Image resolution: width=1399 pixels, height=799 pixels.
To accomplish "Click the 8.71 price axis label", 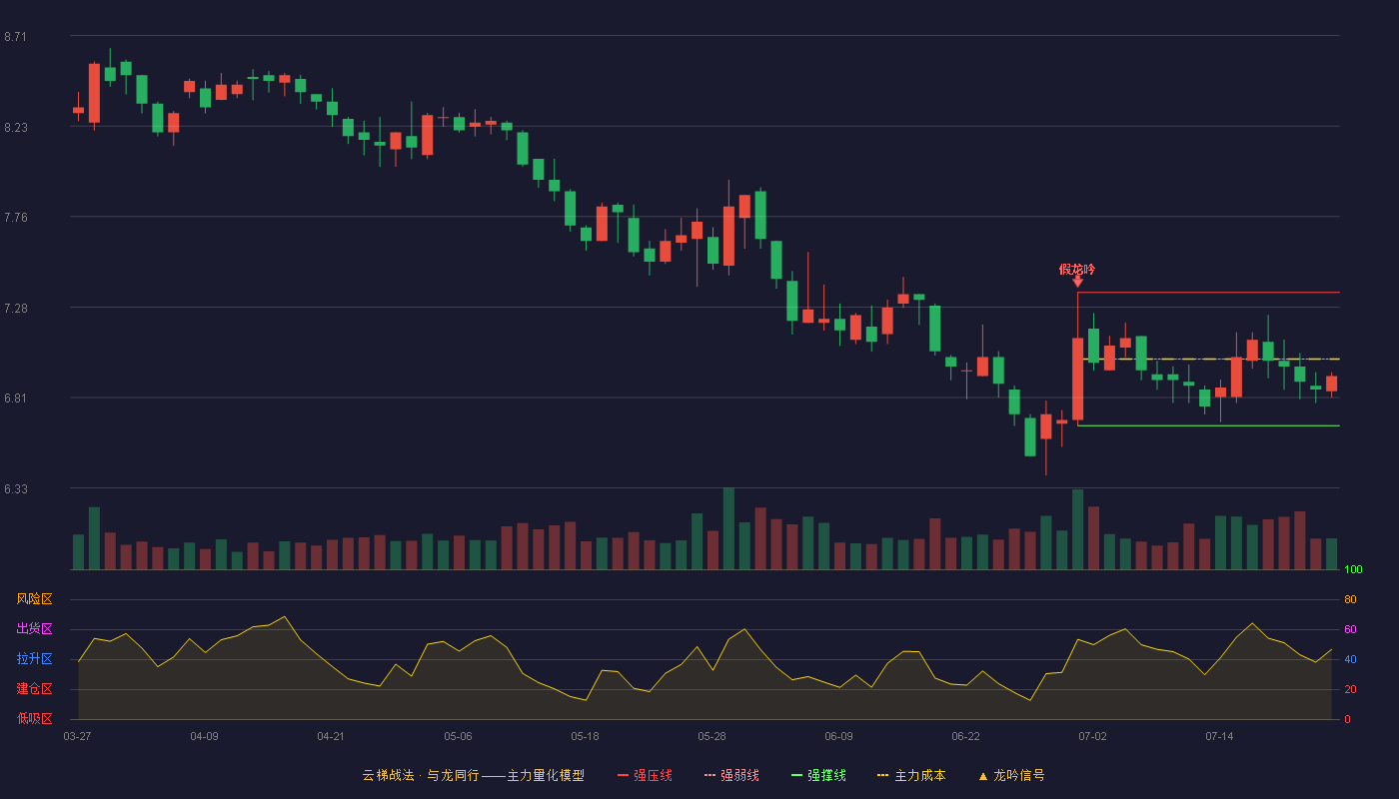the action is [x=16, y=37].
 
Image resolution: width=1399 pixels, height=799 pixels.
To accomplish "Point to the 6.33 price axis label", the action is [x=16, y=488].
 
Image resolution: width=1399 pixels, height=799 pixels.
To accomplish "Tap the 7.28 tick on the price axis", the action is [x=16, y=309].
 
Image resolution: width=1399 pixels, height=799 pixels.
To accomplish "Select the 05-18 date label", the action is [x=585, y=737].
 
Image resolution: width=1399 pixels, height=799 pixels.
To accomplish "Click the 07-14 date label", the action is [x=1219, y=737].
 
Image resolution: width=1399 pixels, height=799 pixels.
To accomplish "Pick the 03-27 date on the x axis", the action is [x=78, y=737].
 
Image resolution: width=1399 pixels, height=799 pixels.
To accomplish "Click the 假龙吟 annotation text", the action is [x=1077, y=269].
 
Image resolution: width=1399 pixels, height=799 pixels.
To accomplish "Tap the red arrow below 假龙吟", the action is [x=1078, y=282].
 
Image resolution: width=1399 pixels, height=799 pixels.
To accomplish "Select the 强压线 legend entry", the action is [x=646, y=775].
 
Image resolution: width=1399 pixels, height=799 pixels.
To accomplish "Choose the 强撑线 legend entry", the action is [x=818, y=775].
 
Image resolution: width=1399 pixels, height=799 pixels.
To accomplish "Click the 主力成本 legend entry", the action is [x=911, y=775].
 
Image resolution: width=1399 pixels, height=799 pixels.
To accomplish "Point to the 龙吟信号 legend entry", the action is [x=1011, y=775].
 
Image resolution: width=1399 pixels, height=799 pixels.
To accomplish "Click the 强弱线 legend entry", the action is [x=731, y=775].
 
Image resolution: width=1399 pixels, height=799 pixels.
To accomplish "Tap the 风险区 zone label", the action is [x=34, y=599].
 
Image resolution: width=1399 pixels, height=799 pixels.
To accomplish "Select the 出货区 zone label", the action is [x=34, y=628].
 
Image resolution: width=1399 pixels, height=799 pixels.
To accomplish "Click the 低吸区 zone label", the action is [x=34, y=718].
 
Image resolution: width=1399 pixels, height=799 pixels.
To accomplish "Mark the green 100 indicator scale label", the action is [x=1353, y=569].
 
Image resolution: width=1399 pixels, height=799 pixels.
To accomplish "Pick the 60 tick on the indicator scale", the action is [x=1350, y=629].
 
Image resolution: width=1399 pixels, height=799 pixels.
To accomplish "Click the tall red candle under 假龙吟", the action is [x=1078, y=379].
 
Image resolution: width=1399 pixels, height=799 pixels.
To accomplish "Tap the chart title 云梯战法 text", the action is [x=388, y=775].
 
